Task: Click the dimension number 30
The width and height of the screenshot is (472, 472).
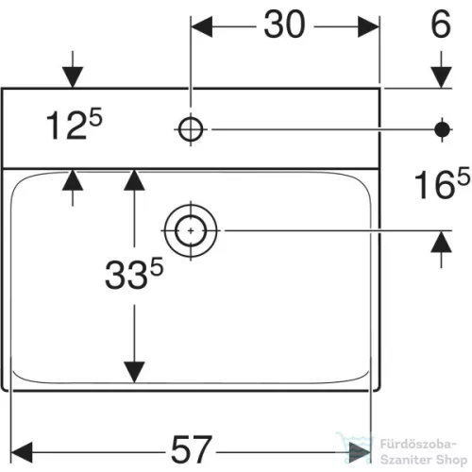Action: tap(284, 25)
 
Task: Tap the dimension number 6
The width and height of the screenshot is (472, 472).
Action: tap(441, 25)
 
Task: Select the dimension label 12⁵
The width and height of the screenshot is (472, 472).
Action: tap(75, 124)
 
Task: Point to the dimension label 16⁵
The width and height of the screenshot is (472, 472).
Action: tap(442, 183)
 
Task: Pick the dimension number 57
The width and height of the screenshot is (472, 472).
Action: tap(191, 449)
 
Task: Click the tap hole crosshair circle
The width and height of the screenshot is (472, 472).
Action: tap(191, 129)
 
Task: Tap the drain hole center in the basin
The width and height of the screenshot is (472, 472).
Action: tap(191, 231)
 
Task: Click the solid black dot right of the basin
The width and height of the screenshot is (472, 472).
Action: tap(442, 129)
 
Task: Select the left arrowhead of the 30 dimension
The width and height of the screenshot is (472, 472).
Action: tap(201, 26)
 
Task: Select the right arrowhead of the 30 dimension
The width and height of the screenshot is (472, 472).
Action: tap(368, 26)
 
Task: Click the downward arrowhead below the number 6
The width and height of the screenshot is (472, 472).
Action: tap(441, 77)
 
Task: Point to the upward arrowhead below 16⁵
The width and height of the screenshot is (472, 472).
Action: tap(441, 242)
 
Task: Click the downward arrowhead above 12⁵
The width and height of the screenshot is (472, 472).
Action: tap(73, 77)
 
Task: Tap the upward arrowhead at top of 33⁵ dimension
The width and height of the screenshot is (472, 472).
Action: tap(134, 180)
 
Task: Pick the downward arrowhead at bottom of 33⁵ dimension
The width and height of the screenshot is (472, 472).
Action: tap(134, 372)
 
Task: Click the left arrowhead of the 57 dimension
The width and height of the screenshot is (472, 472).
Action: tap(22, 452)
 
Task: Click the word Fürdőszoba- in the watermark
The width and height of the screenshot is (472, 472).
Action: tap(418, 445)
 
